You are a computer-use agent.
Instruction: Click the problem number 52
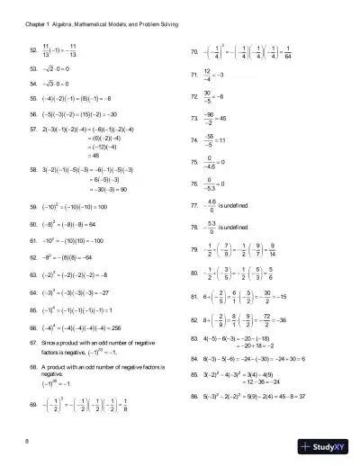point(32,53)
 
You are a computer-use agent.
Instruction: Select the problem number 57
point(32,130)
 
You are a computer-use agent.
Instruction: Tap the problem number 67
point(32,343)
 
